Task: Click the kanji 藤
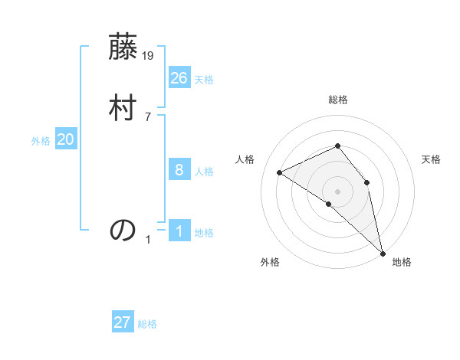coord(123,49)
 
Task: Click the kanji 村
coord(123,108)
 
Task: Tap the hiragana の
coord(123,229)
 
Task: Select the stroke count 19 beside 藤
coord(149,55)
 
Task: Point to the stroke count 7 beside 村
coord(148,116)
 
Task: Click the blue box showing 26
coord(179,77)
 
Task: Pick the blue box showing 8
coord(179,169)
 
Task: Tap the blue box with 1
coord(179,231)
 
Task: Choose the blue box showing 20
coord(66,139)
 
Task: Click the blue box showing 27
coord(123,322)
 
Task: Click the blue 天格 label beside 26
coord(204,80)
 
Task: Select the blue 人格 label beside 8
coord(204,172)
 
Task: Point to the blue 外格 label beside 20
coord(41,141)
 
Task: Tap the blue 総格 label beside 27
coord(147,325)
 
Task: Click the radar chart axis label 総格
coord(337,100)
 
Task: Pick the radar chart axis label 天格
coord(431,159)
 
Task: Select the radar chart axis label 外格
coord(270,263)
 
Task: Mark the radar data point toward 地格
coord(382,252)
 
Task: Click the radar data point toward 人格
coord(280,172)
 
